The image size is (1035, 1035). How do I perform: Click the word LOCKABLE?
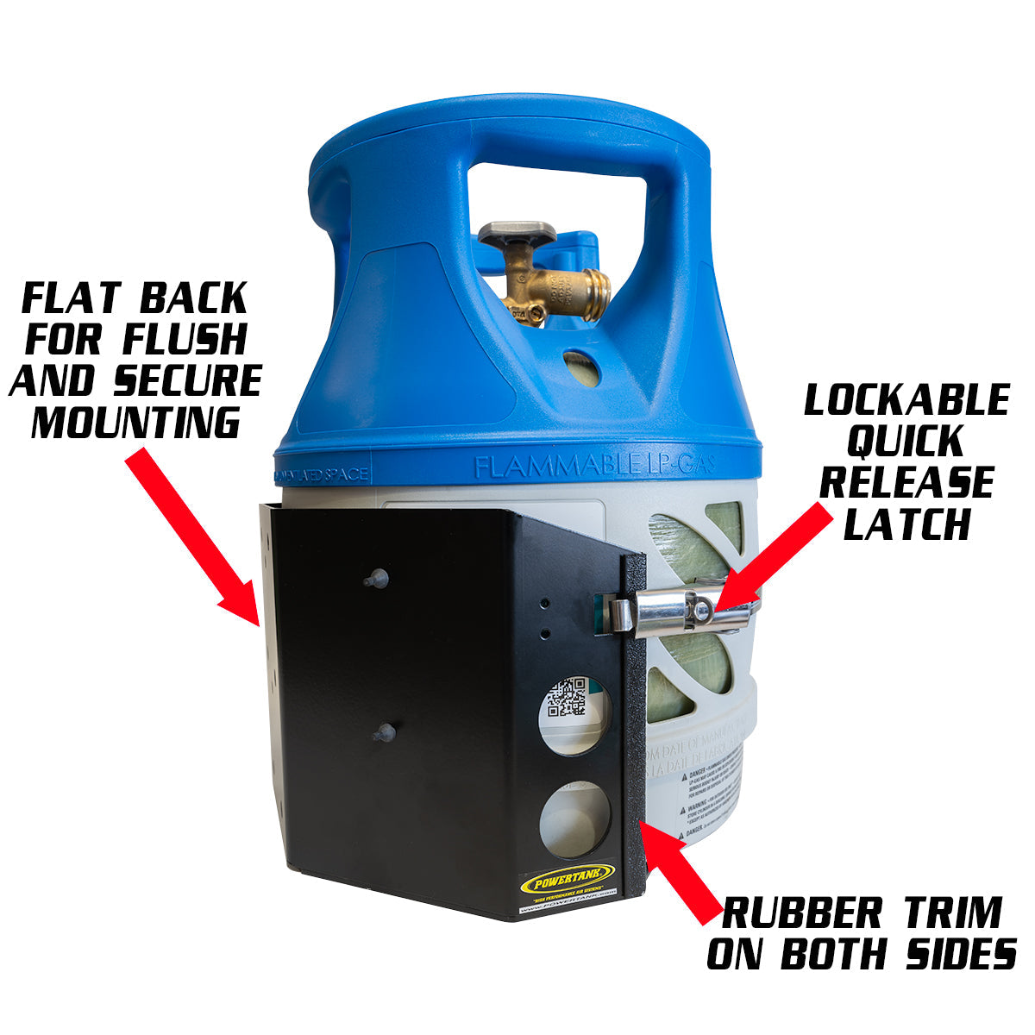coord(906,400)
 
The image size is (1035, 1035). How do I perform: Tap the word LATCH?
coord(906,524)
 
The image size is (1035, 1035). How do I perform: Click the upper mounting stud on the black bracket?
coord(373,579)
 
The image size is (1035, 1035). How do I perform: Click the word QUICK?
coord(906,442)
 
